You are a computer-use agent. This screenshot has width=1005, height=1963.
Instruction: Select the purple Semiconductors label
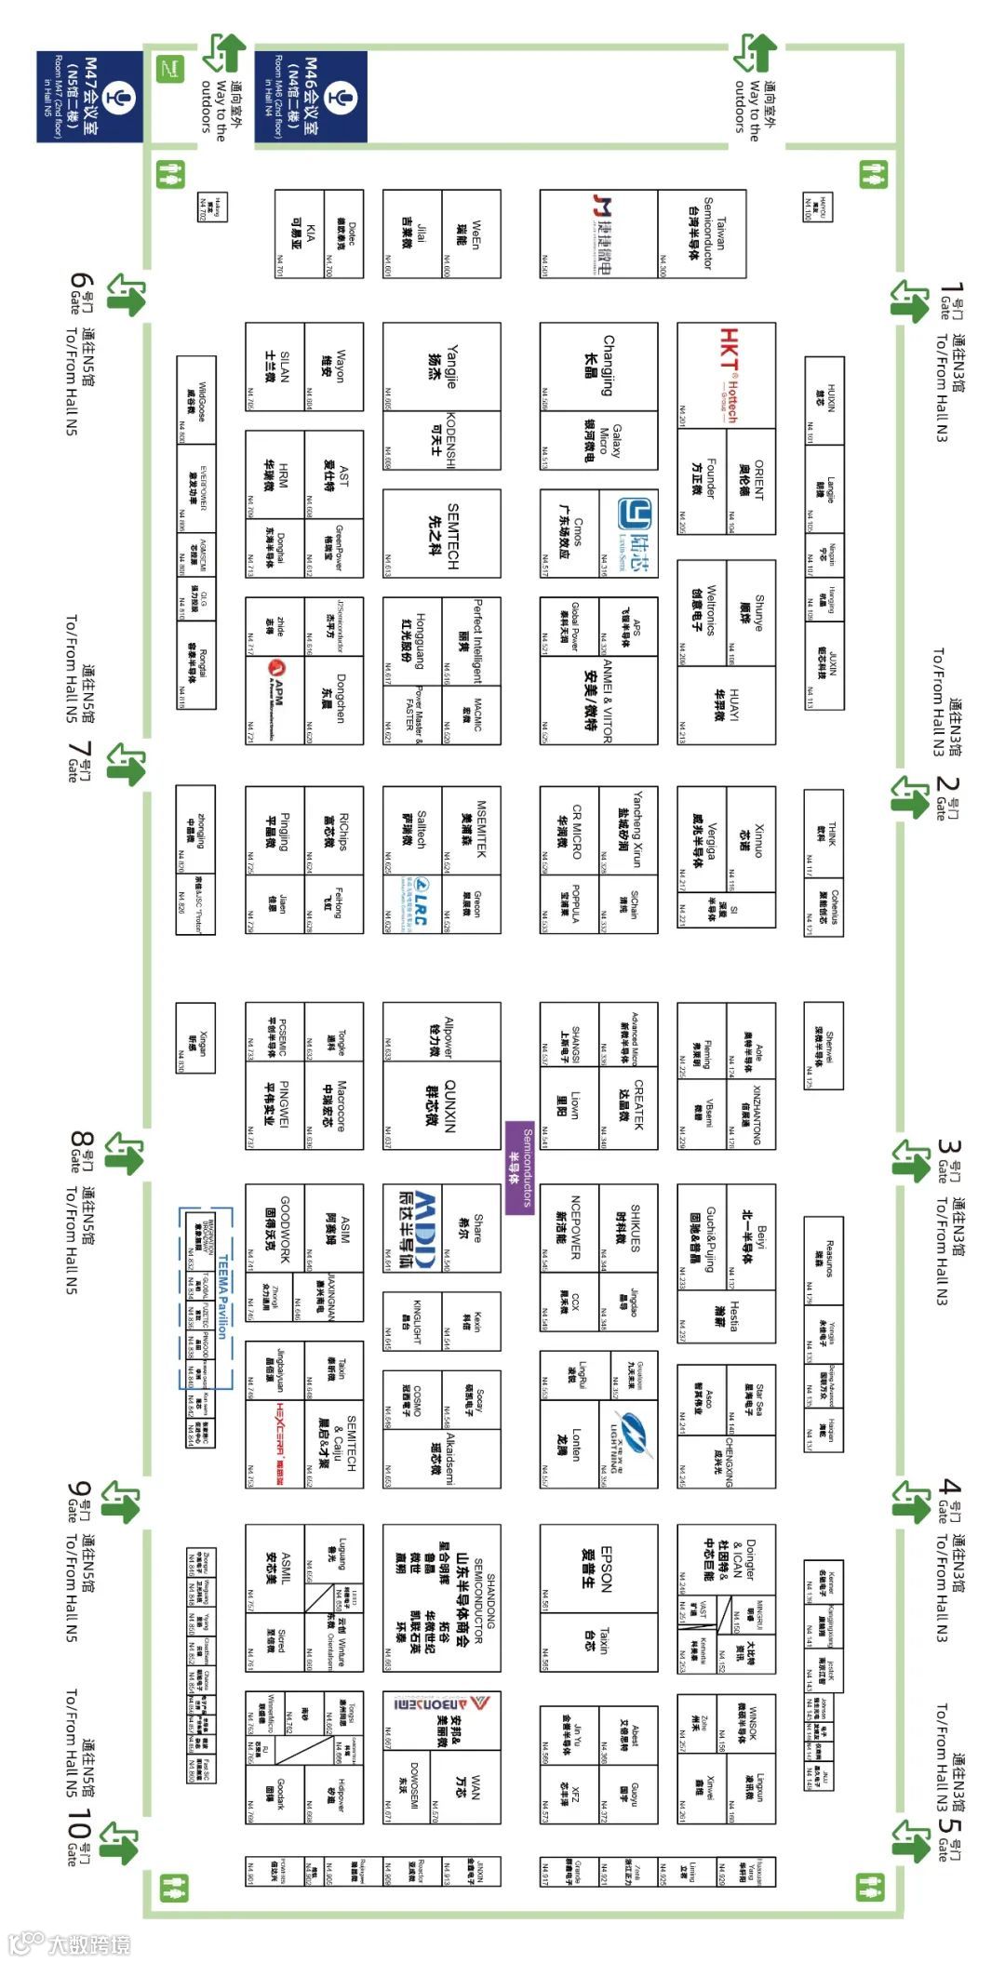click(520, 1168)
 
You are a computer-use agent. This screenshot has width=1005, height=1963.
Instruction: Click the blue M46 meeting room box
click(311, 97)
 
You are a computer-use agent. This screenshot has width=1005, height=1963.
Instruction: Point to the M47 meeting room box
click(89, 97)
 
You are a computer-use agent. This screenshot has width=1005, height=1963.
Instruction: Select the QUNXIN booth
click(441, 1105)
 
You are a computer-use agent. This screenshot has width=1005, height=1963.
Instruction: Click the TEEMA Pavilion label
click(223, 1298)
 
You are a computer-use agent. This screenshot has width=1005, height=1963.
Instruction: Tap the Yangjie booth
click(441, 367)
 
